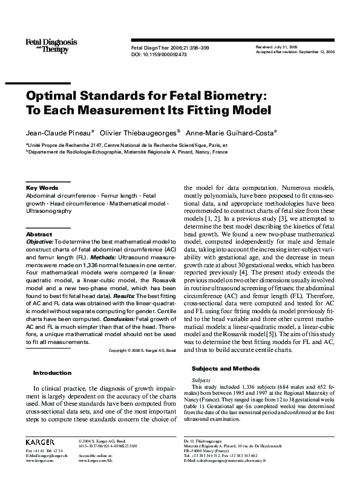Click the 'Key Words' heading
tap(42, 188)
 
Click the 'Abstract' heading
tap(39, 234)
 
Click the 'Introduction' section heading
tap(52, 373)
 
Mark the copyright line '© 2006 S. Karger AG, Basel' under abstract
tap(142, 351)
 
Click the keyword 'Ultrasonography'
tap(48, 212)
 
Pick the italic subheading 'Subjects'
tap(201, 380)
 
